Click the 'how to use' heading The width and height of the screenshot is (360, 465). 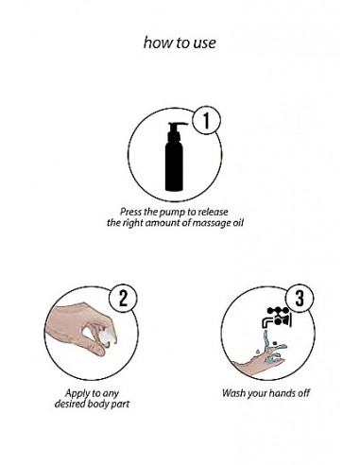180,43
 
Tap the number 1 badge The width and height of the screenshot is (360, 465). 206,120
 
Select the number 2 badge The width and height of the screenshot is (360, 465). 123,299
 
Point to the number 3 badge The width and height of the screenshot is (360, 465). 300,299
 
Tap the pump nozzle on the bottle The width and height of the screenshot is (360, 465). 178,125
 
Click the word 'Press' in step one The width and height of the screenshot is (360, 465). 130,212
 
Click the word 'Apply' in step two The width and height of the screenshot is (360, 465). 77,393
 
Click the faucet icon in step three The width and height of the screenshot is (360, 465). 277,318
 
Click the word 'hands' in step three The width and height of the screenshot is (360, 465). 283,393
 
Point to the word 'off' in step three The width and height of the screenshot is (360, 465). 303,392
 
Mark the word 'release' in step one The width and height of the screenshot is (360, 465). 214,212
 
